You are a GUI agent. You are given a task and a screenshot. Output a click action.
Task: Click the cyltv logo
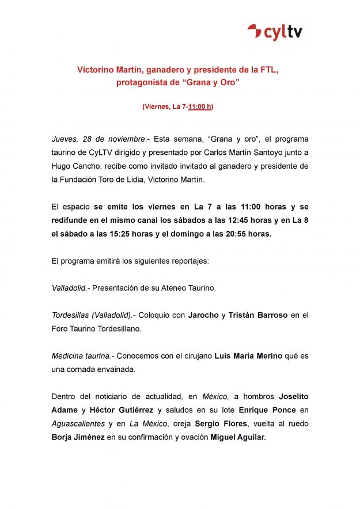coord(274,32)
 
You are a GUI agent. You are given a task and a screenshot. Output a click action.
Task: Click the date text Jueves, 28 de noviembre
coord(98,139)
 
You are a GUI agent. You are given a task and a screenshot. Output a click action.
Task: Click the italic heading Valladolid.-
coord(70,288)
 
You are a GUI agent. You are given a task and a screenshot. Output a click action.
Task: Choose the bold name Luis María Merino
coord(248,356)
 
